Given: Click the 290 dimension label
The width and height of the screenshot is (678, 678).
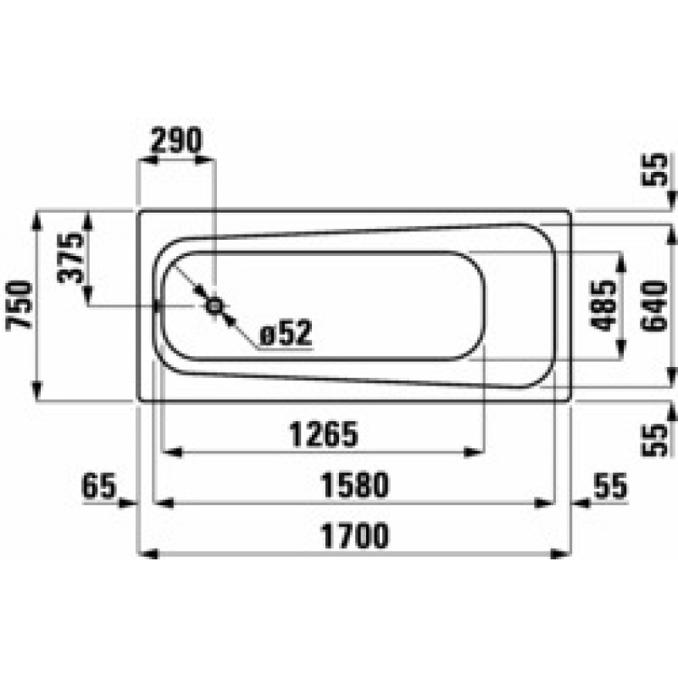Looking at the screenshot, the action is tap(176, 140).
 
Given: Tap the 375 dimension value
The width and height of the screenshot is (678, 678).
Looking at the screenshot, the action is tap(70, 258).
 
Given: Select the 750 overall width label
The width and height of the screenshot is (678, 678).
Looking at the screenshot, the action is tap(19, 305).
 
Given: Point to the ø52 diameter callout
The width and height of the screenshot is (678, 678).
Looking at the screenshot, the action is tap(286, 333).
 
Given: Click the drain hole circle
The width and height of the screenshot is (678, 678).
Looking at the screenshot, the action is tap(214, 306).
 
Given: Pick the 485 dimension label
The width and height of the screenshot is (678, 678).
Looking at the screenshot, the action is tap(603, 305).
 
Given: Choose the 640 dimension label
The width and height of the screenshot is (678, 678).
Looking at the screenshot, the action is tap(654, 305).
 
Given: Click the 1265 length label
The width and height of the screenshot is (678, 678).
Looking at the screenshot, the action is tap(324, 434).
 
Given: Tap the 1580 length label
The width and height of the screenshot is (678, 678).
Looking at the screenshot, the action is tap(354, 485).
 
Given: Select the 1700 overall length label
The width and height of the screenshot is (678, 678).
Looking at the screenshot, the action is tap(354, 536).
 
